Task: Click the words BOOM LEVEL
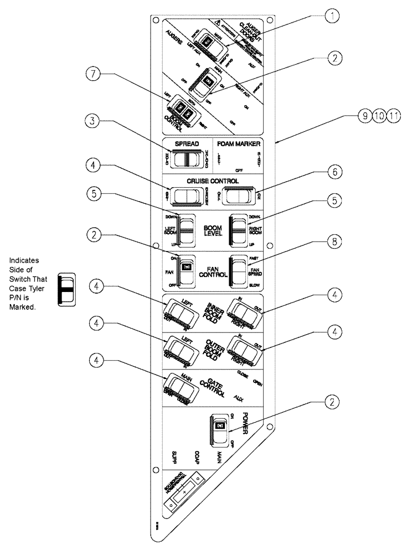[214, 230]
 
